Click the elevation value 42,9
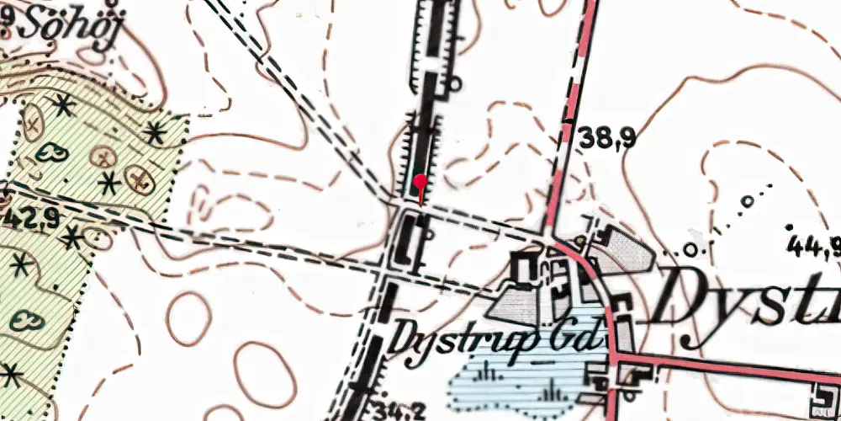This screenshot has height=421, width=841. [x=32, y=220]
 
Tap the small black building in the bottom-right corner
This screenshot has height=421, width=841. [x=823, y=393]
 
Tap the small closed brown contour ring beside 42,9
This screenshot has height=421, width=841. [x=99, y=238]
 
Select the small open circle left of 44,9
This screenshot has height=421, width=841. [x=690, y=249]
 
